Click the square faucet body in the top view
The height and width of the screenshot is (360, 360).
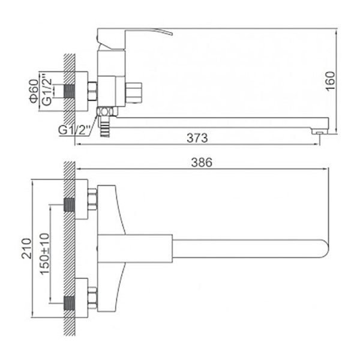tap(135, 248)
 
